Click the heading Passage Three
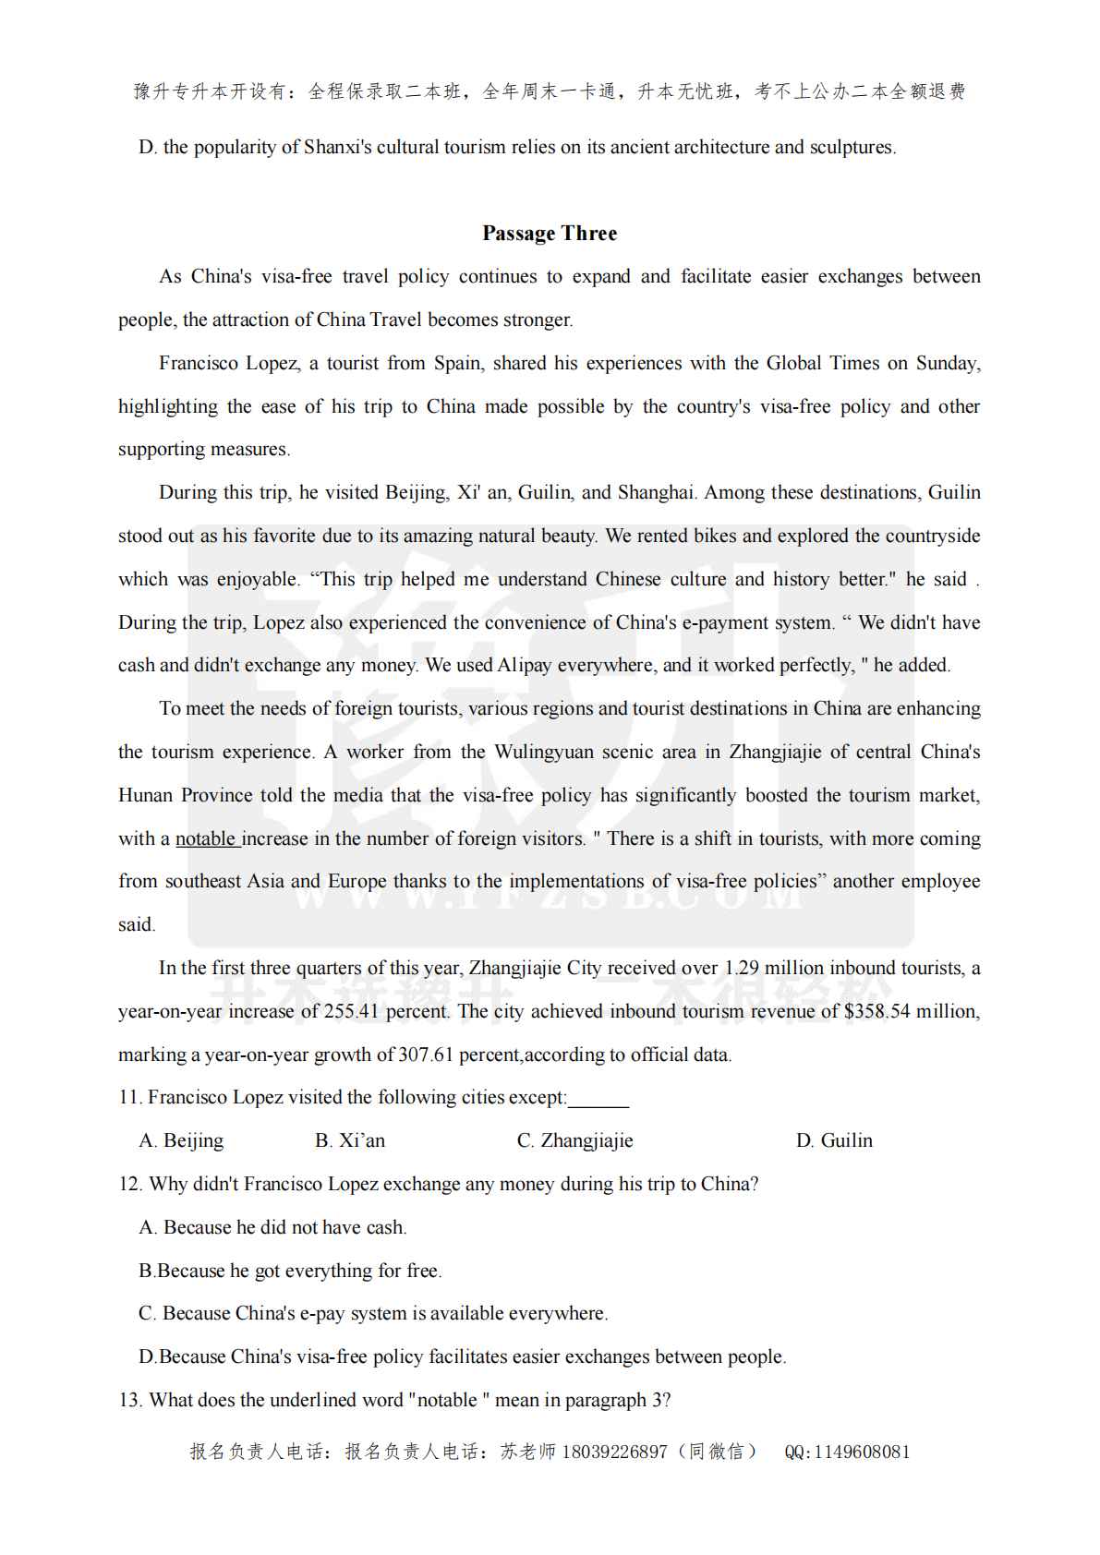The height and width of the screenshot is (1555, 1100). (x=550, y=234)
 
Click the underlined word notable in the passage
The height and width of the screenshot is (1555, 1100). (x=206, y=838)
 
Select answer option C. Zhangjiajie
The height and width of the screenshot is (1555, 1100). (x=574, y=1140)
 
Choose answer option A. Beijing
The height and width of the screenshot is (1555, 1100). (x=181, y=1140)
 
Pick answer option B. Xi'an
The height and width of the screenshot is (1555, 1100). (x=350, y=1140)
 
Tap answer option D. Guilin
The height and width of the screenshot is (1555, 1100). (x=834, y=1140)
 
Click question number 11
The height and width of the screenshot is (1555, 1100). (x=129, y=1097)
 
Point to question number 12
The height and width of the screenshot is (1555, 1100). (x=129, y=1184)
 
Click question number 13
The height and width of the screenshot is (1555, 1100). (x=129, y=1400)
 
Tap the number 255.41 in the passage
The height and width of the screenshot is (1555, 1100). (x=352, y=1011)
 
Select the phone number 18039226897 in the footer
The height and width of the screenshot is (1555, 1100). (x=614, y=1452)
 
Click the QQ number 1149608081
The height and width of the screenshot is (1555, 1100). (x=862, y=1452)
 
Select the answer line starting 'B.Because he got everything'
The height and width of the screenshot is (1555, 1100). (x=290, y=1271)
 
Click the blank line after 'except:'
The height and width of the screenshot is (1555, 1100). (x=598, y=1099)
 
